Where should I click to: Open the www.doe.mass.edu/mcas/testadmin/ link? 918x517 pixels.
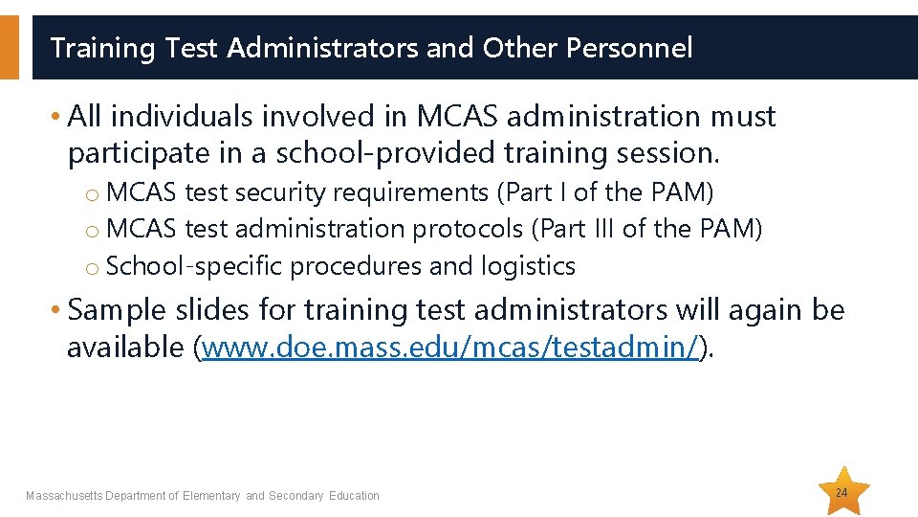pyautogui.click(x=451, y=348)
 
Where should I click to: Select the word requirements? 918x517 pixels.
pyautogui.click(x=410, y=192)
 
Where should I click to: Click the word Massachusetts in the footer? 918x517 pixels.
pyautogui.click(x=64, y=496)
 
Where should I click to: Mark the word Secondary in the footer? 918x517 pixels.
pyautogui.click(x=296, y=496)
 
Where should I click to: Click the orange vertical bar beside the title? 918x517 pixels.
pyautogui.click(x=9, y=48)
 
